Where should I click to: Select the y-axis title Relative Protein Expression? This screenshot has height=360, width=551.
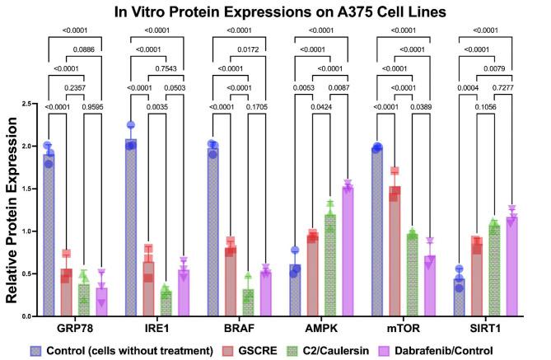pyautogui.click(x=15, y=210)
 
